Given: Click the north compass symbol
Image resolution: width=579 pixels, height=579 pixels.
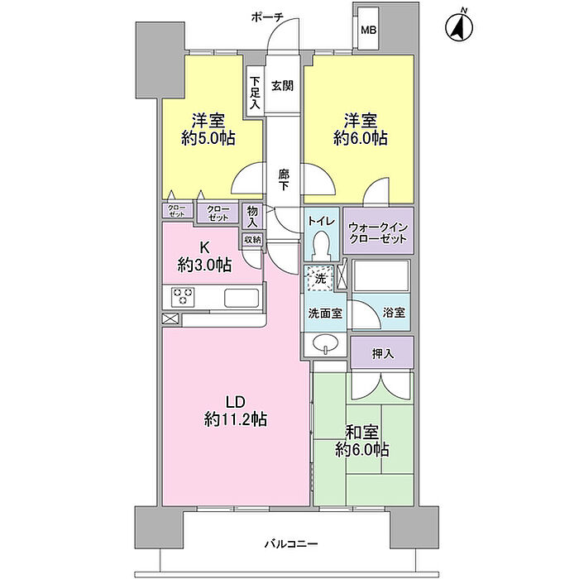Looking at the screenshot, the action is tap(459, 26).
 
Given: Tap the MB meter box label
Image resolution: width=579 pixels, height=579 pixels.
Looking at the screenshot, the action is tap(369, 31).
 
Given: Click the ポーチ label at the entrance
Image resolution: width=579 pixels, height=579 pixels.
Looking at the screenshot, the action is tap(267, 17).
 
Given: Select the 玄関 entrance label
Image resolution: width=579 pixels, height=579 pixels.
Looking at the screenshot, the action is tap(283, 86).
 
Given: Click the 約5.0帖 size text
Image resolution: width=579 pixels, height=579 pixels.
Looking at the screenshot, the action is tap(208, 139).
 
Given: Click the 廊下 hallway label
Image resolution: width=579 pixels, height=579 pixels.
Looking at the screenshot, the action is tap(284, 179).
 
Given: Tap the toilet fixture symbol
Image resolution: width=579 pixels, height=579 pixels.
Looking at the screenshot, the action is tap(320, 245).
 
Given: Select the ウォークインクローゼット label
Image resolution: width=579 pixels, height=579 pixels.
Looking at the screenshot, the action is tap(378, 233).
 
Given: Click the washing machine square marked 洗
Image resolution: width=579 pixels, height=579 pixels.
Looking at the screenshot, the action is tap(319, 278).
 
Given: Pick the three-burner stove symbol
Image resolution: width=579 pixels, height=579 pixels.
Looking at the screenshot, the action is tap(183, 296).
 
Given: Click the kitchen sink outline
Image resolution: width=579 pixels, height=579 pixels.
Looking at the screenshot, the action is tap(242, 298).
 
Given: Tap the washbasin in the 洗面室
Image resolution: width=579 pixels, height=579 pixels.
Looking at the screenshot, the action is tap(325, 344).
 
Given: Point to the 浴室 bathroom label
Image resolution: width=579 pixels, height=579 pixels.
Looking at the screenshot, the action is tap(394, 313).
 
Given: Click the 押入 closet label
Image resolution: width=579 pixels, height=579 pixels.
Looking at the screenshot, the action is tap(383, 354).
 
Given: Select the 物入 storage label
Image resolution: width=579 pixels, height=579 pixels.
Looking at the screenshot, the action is tap(252, 217).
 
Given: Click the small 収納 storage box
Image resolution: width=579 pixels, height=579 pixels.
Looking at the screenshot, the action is tap(252, 240).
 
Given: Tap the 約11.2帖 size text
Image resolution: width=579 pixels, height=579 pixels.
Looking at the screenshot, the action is tap(236, 419).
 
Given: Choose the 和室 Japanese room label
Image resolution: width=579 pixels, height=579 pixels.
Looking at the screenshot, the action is tap(361, 433).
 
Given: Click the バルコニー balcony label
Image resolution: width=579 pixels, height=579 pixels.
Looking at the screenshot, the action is tap(291, 544).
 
